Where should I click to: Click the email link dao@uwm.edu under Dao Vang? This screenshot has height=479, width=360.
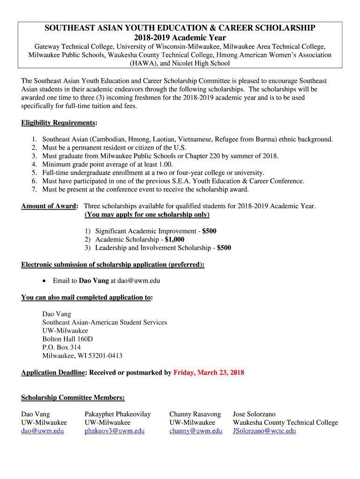tap(43, 431)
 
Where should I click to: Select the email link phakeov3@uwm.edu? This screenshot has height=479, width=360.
tap(114, 431)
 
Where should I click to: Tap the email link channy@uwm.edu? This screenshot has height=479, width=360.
tap(195, 431)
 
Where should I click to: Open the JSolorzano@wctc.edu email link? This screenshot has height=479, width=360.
tap(264, 431)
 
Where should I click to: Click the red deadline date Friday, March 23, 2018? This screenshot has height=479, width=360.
tap(209, 373)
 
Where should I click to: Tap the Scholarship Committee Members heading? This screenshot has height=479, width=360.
tap(73, 398)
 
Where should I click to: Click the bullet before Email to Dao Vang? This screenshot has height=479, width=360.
tap(44, 281)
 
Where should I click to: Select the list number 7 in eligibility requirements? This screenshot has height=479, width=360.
tap(34, 189)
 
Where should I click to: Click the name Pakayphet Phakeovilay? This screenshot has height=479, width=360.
tap(117, 414)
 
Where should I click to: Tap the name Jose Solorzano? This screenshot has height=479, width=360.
tap(254, 414)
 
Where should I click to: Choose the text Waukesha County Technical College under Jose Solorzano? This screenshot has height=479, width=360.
tap(285, 422)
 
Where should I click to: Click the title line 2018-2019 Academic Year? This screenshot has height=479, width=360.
tap(180, 38)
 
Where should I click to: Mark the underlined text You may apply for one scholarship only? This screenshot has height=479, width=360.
tap(147, 215)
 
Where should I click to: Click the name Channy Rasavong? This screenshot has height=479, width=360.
tap(195, 414)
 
